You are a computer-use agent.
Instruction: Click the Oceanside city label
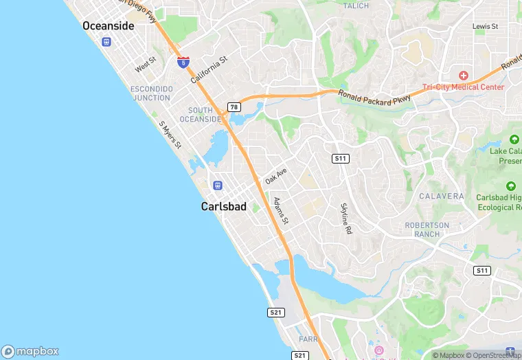[108, 25]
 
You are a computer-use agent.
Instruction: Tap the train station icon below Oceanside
[106, 41]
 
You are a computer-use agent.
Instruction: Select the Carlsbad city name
[223, 206]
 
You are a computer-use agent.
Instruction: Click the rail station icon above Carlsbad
[218, 185]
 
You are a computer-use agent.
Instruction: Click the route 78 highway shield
[234, 106]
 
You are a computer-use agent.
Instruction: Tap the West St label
[146, 65]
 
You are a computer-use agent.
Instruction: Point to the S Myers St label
[170, 135]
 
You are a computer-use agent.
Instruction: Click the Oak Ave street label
[275, 175]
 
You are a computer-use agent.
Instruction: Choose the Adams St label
[281, 211]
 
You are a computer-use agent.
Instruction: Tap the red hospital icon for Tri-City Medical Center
[464, 74]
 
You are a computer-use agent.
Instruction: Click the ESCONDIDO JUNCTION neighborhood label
[151, 93]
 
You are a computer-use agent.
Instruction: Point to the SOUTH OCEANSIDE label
[200, 115]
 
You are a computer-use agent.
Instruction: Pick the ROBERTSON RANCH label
[427, 229]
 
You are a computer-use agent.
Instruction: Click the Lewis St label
[485, 26]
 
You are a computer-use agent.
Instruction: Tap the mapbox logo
[30, 351]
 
